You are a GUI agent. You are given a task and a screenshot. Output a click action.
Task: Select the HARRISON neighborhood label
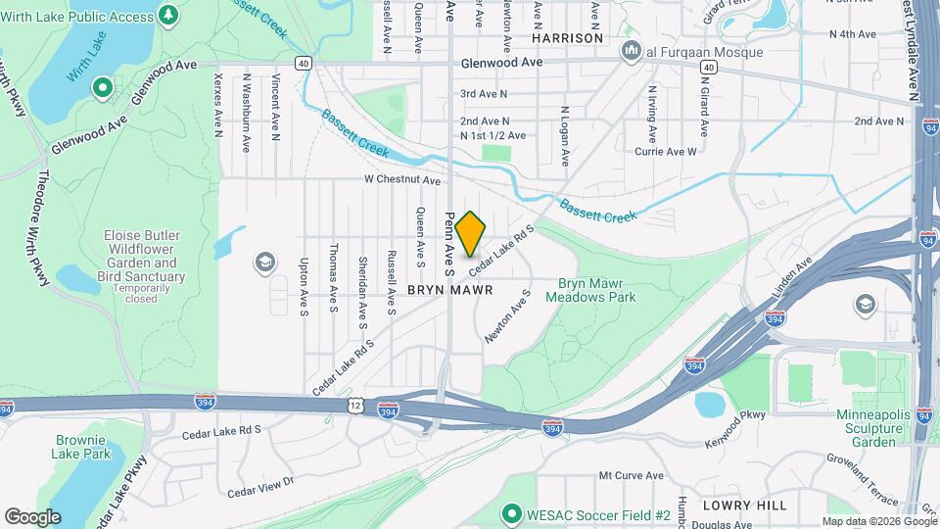(568, 37)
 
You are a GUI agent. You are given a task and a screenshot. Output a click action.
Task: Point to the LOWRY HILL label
(744, 505)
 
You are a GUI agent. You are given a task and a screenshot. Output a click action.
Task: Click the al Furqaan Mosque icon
(632, 49)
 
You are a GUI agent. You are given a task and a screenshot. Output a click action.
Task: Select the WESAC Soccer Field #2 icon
(509, 514)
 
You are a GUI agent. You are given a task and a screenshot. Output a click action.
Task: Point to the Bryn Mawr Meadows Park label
(589, 290)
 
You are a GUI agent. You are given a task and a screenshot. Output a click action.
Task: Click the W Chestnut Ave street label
(401, 180)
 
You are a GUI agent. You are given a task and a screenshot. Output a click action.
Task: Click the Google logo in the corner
(32, 516)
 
